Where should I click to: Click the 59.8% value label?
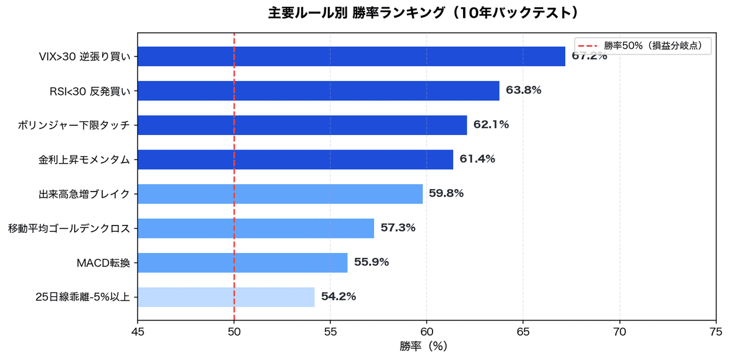446,193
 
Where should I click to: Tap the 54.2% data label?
338,297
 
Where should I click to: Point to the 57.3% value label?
398,228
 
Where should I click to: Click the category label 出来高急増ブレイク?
84,194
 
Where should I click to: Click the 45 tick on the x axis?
137,332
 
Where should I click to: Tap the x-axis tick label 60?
426,332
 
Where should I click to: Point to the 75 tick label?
716,332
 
